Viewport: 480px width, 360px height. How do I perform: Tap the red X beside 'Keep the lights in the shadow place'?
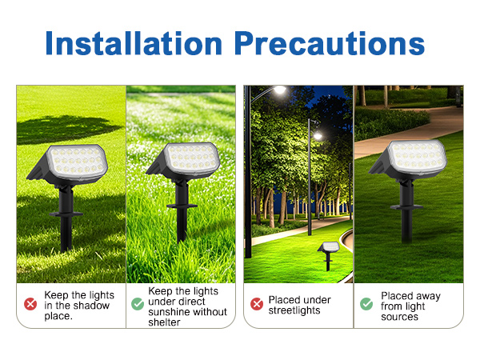tap(30, 304)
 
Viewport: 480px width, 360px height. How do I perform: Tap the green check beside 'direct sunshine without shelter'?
tap(137, 304)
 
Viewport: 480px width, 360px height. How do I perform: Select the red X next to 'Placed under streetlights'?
tap(257, 304)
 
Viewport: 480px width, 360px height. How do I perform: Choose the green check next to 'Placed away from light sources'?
tap(366, 304)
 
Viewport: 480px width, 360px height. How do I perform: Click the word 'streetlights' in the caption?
tap(294, 310)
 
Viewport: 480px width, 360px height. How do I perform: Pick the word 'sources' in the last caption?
tap(399, 317)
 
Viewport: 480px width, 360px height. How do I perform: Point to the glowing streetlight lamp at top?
tap(280, 90)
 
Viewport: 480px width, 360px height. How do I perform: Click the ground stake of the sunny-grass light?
tap(182, 220)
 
